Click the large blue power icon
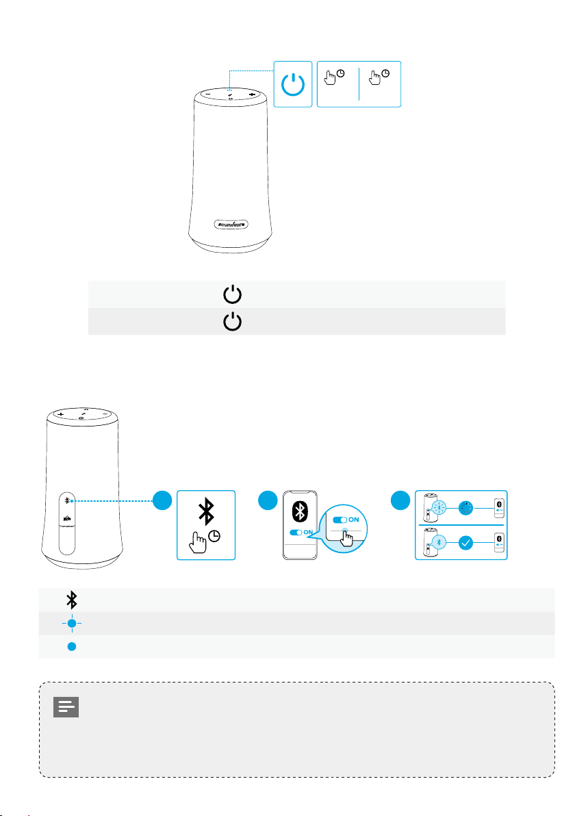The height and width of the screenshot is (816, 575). [293, 84]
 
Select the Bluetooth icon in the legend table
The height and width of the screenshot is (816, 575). [71, 600]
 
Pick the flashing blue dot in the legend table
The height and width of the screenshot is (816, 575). [72, 623]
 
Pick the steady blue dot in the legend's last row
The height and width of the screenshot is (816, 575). [72, 646]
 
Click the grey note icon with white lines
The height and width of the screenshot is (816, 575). [66, 707]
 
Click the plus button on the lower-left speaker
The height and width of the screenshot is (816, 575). [61, 414]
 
